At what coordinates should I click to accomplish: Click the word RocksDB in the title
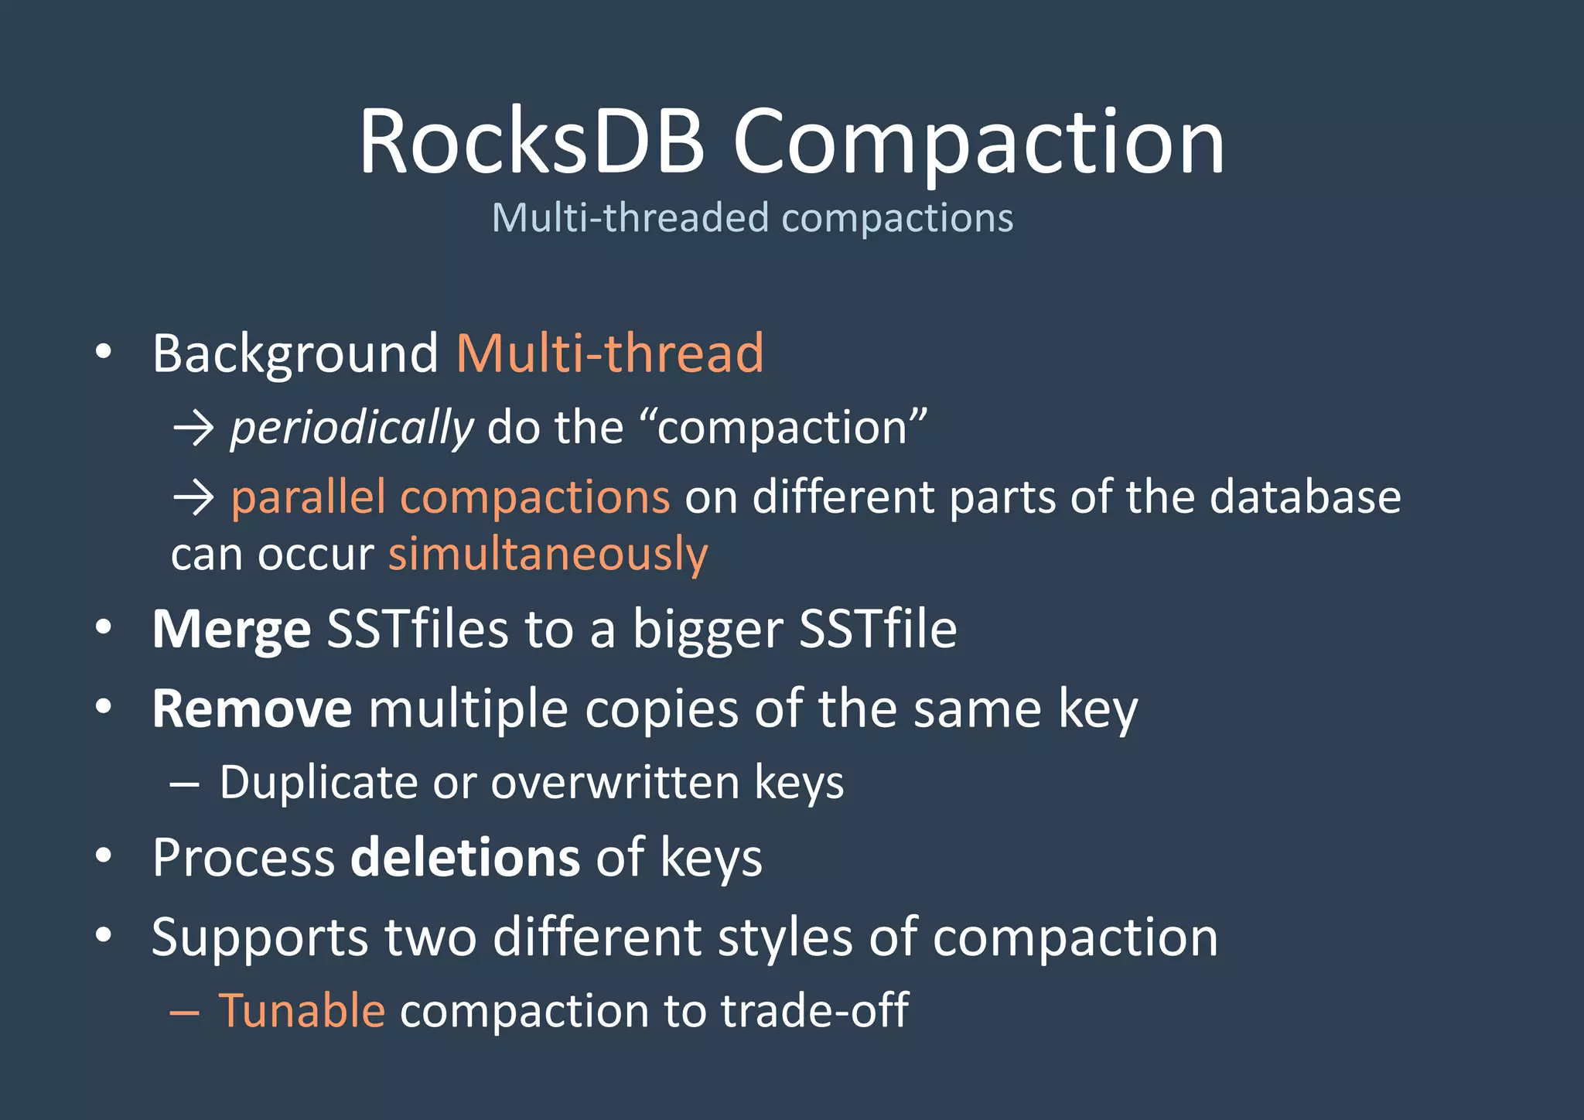point(531,142)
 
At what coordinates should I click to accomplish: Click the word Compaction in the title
point(978,142)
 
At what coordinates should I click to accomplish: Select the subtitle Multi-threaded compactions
point(752,217)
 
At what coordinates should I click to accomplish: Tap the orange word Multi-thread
point(610,353)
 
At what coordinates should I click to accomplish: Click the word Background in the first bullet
point(295,353)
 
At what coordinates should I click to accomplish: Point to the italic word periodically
point(352,428)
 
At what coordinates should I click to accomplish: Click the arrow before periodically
point(193,428)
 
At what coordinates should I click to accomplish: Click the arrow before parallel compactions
point(193,497)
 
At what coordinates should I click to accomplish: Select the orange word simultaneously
point(548,555)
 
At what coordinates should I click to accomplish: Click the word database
point(1305,497)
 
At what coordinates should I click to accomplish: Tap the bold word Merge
point(231,629)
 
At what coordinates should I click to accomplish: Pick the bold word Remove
point(252,709)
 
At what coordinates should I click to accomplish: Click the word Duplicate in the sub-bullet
point(319,782)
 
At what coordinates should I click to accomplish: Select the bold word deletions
point(465,857)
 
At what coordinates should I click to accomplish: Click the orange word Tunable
point(302,1010)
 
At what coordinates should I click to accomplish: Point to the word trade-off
point(814,1010)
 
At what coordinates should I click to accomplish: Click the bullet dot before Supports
point(104,935)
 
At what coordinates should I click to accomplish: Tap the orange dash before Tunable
point(185,1012)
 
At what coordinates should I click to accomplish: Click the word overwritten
point(615,782)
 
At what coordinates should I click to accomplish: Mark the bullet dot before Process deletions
point(104,856)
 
